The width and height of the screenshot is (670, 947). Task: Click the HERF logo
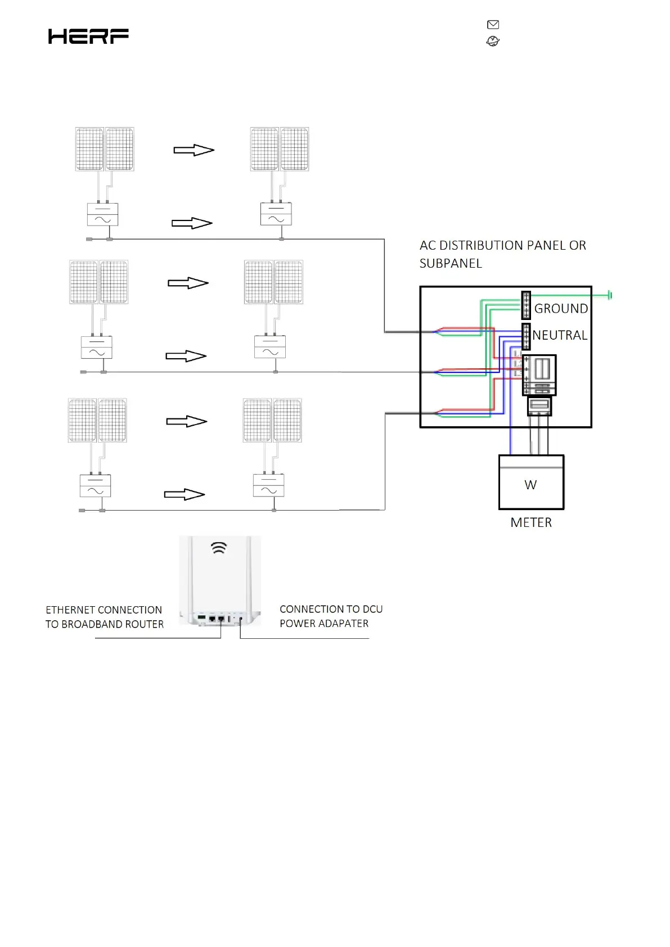click(88, 37)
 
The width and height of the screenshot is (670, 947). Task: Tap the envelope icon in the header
click(493, 24)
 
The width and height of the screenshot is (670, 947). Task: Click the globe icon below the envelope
click(493, 41)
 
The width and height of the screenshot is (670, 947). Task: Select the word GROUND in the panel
click(561, 308)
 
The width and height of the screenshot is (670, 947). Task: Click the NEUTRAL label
click(560, 335)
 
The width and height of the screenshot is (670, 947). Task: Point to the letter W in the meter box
click(530, 485)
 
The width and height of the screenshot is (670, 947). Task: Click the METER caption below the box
click(531, 522)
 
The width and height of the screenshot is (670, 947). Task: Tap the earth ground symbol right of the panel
click(610, 295)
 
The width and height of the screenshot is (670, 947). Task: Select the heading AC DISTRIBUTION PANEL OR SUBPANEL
click(502, 254)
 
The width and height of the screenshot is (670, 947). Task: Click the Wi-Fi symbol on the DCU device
click(219, 548)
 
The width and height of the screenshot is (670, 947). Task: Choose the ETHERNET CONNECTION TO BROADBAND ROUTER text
click(104, 617)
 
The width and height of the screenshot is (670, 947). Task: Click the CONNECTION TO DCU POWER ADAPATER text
click(331, 616)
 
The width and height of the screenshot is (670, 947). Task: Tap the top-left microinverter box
click(102, 214)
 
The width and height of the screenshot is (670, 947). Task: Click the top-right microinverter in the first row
click(276, 214)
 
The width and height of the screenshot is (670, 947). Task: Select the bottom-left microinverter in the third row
click(95, 486)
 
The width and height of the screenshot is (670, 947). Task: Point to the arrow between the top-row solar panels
click(194, 150)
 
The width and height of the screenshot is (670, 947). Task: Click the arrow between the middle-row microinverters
click(186, 356)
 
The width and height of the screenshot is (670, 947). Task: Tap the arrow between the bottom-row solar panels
click(187, 422)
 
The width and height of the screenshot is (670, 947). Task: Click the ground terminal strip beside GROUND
click(526, 305)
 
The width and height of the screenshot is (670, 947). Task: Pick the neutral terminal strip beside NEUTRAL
click(526, 336)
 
